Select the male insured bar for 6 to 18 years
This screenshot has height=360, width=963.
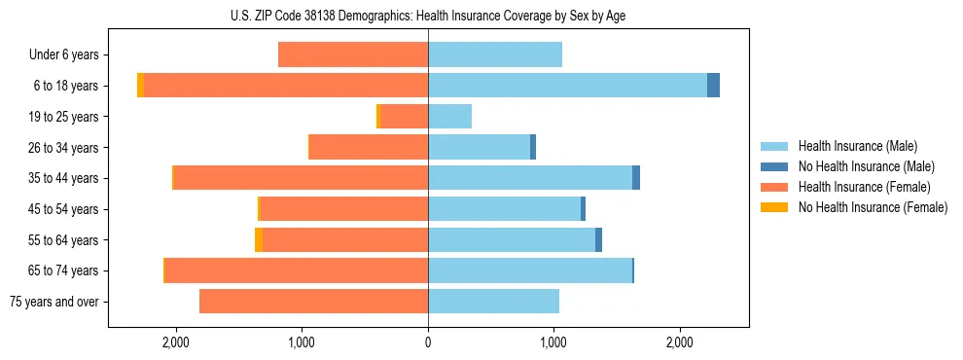[x=567, y=86]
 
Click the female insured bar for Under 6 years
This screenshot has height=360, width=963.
[x=353, y=54]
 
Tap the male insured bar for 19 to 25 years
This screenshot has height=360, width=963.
[x=449, y=117]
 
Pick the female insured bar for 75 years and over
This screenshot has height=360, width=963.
[x=313, y=302]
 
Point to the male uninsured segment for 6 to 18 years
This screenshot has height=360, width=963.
[x=713, y=86]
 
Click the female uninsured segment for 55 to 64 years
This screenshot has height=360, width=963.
[x=259, y=239]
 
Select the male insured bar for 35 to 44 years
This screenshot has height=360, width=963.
[x=530, y=178]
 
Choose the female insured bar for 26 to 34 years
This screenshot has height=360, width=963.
[x=369, y=147]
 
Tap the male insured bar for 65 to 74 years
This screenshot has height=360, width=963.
[x=530, y=270]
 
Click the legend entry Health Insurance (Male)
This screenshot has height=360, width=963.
[x=857, y=146]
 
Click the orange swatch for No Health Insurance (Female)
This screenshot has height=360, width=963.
[x=775, y=207]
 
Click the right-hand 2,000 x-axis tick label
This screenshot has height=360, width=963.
[x=680, y=342]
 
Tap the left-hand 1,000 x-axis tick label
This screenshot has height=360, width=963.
[x=302, y=342]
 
